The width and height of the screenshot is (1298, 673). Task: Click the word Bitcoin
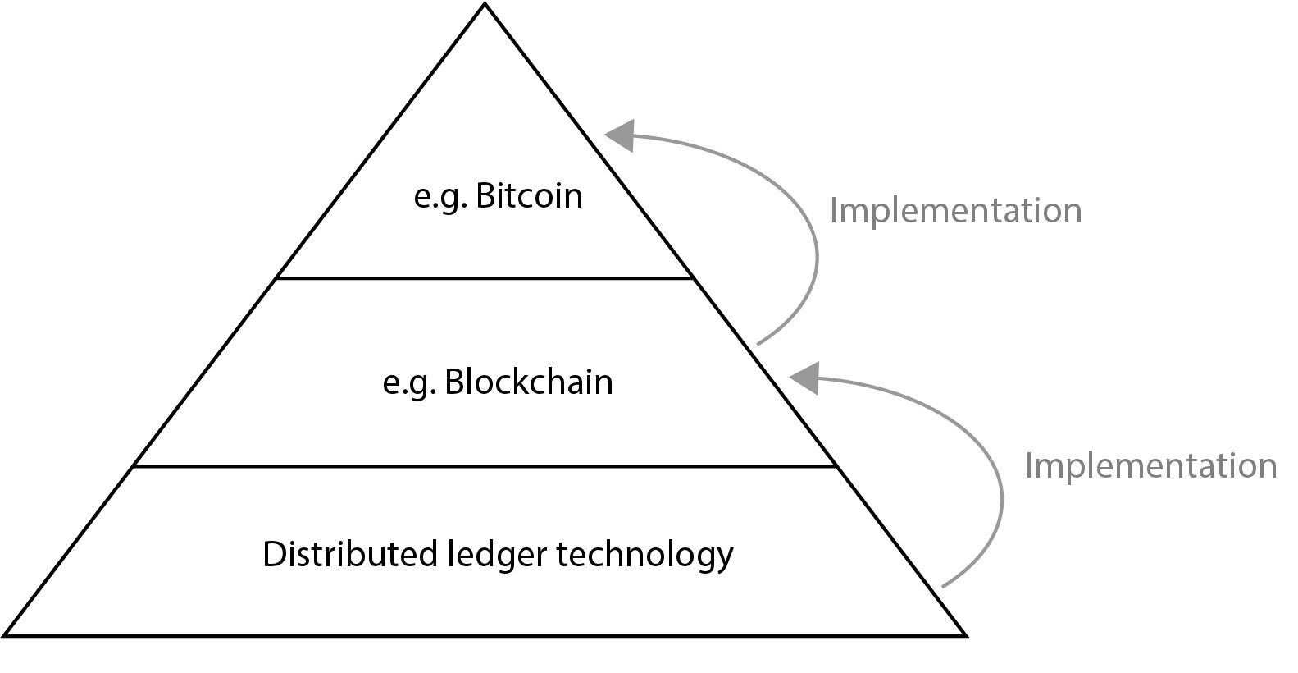click(x=529, y=196)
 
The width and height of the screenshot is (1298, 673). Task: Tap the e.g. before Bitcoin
click(x=440, y=198)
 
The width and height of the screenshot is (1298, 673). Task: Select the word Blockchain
click(x=529, y=382)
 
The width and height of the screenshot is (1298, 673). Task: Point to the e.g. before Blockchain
click(x=409, y=384)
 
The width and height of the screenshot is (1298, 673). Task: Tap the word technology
click(x=645, y=556)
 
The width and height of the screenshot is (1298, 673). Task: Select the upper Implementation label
click(x=955, y=210)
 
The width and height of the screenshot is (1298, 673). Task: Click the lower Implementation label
click(x=1150, y=465)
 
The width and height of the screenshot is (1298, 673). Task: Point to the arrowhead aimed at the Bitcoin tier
click(x=621, y=135)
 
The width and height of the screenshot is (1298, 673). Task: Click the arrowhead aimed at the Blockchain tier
click(x=805, y=377)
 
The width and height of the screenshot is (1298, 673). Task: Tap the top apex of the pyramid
click(x=485, y=4)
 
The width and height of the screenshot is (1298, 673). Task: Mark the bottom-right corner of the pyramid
click(x=966, y=634)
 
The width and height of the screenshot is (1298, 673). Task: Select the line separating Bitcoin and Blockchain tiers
click(x=485, y=278)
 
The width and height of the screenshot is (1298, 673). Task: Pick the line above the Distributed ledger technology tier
click(x=485, y=466)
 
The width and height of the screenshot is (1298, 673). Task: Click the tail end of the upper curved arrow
click(x=758, y=343)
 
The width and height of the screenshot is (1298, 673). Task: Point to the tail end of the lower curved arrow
click(x=943, y=586)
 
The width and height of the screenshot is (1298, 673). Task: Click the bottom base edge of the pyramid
click(x=485, y=634)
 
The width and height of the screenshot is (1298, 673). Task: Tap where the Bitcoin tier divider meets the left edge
click(x=277, y=278)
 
